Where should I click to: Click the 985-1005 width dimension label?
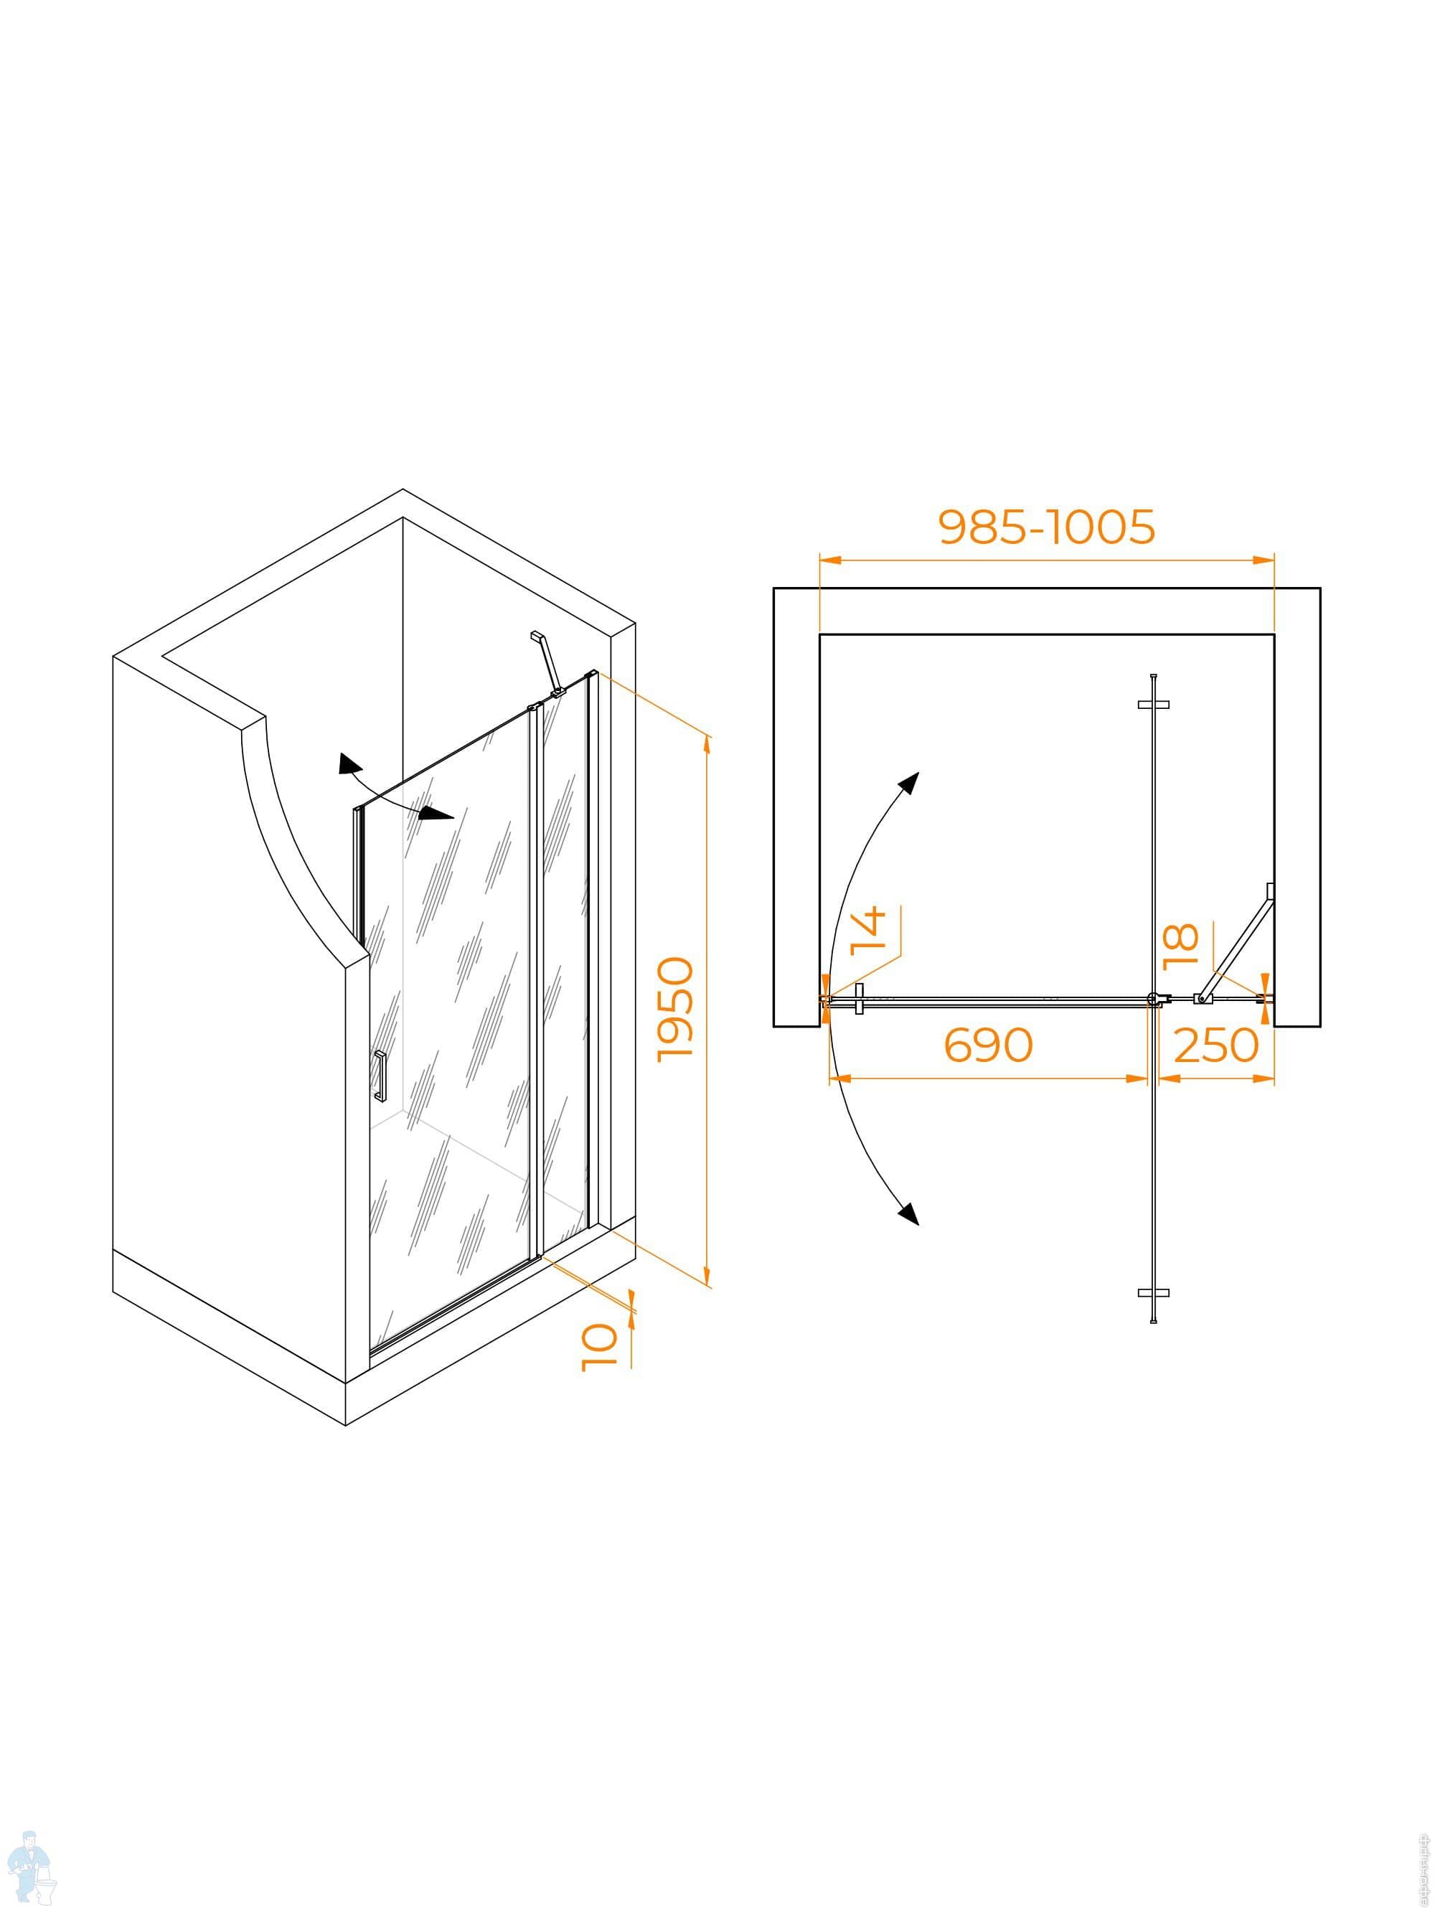coord(1046,527)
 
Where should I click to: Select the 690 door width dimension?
coord(988,1045)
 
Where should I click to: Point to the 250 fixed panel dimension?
coord(1216,1045)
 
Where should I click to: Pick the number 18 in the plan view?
coord(1182,946)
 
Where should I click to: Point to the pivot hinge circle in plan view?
coord(1153,1000)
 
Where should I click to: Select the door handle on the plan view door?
coord(859,999)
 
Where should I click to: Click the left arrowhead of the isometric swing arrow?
coord(348,764)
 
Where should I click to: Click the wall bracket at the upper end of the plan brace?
coord(1270,890)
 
